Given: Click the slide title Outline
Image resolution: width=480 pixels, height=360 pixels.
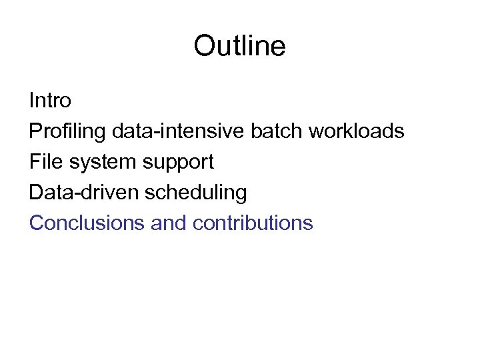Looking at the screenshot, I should (x=239, y=46).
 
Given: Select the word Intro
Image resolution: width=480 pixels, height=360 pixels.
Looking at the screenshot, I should (x=50, y=101).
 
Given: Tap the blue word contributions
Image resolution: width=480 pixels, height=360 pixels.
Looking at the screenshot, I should (x=253, y=223).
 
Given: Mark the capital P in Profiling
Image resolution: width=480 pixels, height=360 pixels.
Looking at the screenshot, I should (x=35, y=131).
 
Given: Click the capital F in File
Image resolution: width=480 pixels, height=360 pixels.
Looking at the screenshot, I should (x=34, y=161).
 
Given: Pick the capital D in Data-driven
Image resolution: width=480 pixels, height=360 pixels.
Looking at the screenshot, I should (x=35, y=192).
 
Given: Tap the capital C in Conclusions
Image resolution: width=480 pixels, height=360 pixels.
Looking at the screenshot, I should (x=36, y=223).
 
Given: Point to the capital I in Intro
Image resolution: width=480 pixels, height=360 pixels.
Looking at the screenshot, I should (x=32, y=101).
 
